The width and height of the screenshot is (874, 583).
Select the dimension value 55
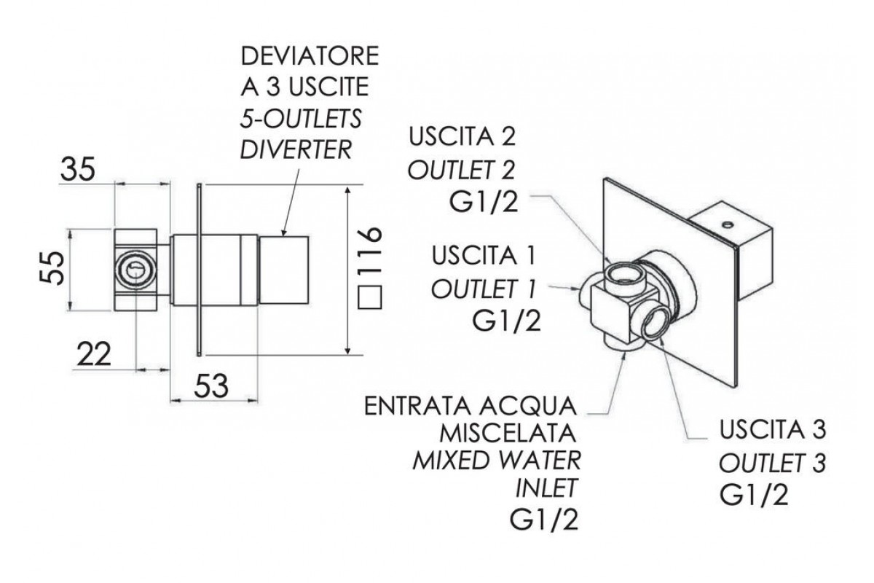click(x=50, y=269)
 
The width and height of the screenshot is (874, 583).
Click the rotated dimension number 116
click(x=371, y=251)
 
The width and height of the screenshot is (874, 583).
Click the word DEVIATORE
click(x=309, y=58)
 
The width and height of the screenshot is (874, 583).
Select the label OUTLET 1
click(x=484, y=289)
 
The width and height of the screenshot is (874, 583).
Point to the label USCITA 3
click(x=771, y=431)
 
